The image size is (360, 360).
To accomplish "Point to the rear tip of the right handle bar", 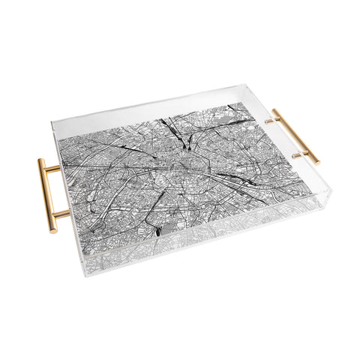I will [x=274, y=111].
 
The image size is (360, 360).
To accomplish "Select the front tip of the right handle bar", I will [x=316, y=162].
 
